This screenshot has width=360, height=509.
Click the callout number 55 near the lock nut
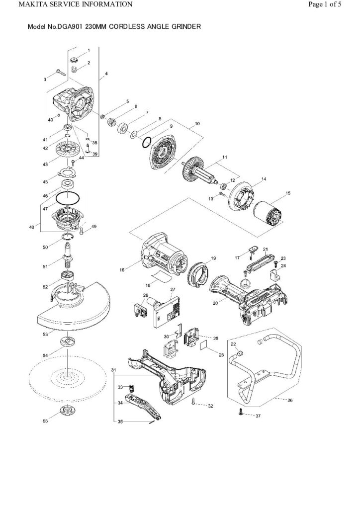[45, 421]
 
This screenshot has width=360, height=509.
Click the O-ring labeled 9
[145, 142]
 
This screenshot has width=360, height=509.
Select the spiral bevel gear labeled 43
[67, 150]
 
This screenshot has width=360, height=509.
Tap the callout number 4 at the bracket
[106, 74]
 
